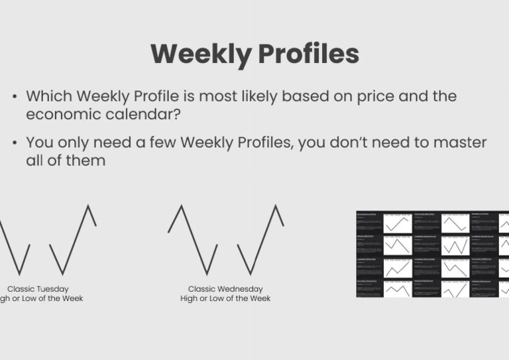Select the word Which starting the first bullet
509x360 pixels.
pyautogui.click(x=47, y=96)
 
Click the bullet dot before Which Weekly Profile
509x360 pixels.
pyautogui.click(x=15, y=97)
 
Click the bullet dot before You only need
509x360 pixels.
pyautogui.click(x=15, y=143)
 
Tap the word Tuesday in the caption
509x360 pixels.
pyautogui.click(x=52, y=289)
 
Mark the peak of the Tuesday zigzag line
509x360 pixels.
pyautogui.click(x=87, y=206)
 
